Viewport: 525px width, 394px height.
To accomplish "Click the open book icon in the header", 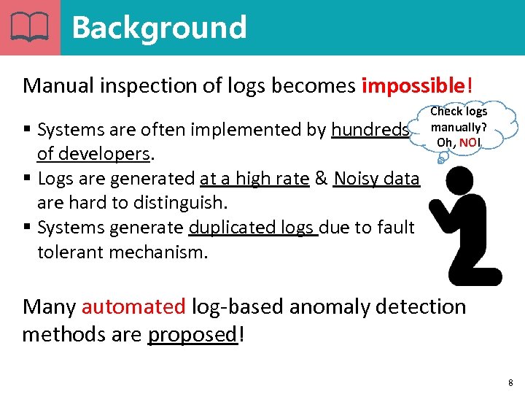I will click(30, 28).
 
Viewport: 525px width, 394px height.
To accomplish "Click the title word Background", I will click(159, 28).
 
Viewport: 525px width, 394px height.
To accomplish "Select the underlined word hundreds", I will click(370, 130).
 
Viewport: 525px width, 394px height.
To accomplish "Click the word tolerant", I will click(69, 252).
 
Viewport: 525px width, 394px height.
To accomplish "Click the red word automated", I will click(133, 306).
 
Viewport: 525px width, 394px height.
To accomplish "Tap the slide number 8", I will click(510, 382).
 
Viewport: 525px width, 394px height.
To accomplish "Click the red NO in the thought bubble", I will click(468, 142).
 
